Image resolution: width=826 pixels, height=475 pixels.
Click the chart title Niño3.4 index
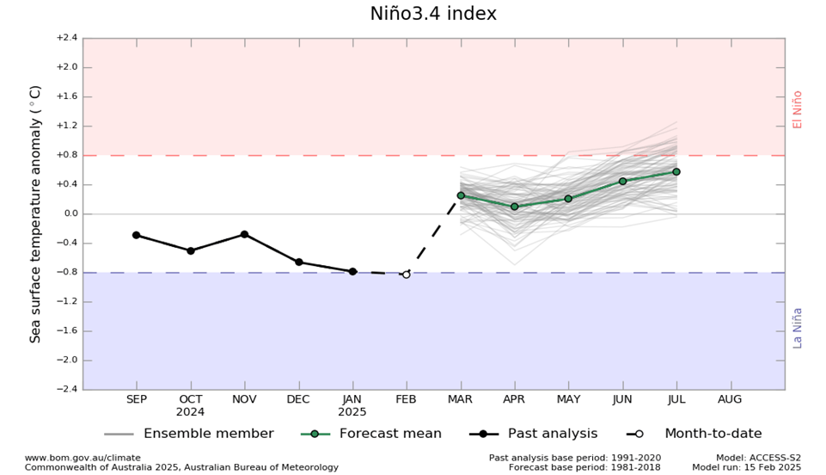tap(433, 15)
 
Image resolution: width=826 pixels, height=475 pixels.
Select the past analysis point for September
tap(137, 235)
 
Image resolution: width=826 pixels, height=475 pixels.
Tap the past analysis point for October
tap(191, 250)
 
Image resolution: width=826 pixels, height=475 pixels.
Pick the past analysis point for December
tap(298, 262)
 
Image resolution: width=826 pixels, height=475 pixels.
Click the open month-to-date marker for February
tap(407, 274)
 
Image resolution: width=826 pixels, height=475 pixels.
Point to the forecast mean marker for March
tap(461, 195)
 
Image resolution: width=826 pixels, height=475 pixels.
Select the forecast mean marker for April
tap(515, 207)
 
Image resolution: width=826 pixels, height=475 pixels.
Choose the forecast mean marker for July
tap(676, 171)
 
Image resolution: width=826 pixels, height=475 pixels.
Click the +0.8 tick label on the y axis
tap(66, 155)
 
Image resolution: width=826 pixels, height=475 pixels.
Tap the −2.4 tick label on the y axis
tap(66, 389)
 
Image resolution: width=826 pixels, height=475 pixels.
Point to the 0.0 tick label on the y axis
tap(68, 213)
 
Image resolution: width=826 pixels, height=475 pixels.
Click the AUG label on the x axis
tap(731, 400)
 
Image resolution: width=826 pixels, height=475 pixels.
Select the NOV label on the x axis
tap(244, 400)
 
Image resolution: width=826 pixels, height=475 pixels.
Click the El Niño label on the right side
tap(798, 109)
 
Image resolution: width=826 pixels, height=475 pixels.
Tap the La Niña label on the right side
tap(798, 327)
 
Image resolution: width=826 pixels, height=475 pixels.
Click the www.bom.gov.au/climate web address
tap(83, 458)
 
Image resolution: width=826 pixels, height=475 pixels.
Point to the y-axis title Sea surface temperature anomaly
tap(36, 213)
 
